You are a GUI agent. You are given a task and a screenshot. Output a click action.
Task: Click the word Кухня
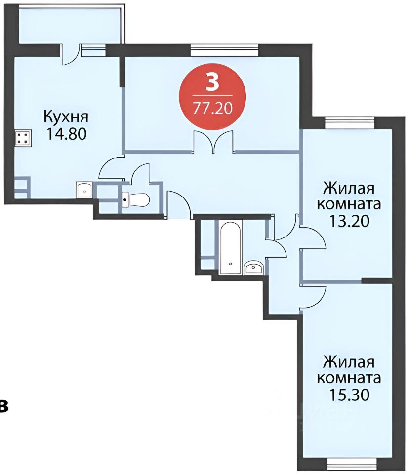coord(66,118)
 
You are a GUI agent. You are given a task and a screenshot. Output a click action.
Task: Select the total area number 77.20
coord(212,108)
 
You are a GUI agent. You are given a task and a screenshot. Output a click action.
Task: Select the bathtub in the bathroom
coord(231,247)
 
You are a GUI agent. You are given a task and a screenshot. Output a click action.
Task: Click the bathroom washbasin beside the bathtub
coord(255,267)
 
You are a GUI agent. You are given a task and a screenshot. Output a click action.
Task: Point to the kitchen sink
coord(84,189)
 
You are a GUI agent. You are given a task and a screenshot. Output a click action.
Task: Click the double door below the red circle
coord(213,142)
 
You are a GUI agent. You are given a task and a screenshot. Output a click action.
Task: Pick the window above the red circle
coord(225,48)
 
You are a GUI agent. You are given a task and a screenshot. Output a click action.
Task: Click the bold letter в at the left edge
coord(3,406)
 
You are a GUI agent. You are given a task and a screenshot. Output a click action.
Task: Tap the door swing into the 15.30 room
coord(314,296)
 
